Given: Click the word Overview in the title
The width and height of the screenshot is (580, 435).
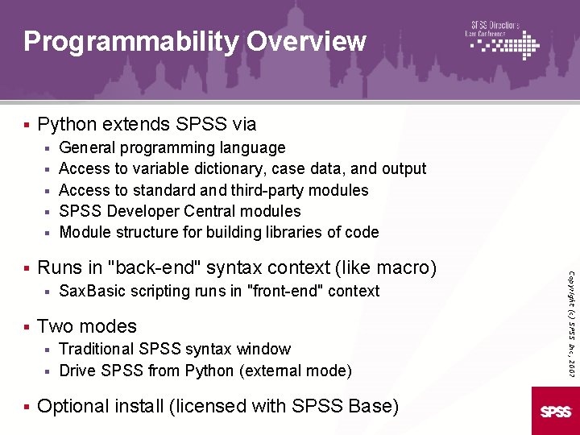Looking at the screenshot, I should point(306,41).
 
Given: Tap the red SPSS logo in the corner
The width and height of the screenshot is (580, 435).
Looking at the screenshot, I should point(556,411).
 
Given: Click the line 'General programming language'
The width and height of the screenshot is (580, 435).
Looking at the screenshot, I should point(172,147).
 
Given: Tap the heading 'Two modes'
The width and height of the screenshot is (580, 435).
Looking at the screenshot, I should point(87,326).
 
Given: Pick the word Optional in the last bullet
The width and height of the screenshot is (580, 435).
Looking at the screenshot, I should point(72,406).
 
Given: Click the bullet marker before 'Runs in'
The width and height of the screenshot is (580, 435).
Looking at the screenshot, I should point(27,267).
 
